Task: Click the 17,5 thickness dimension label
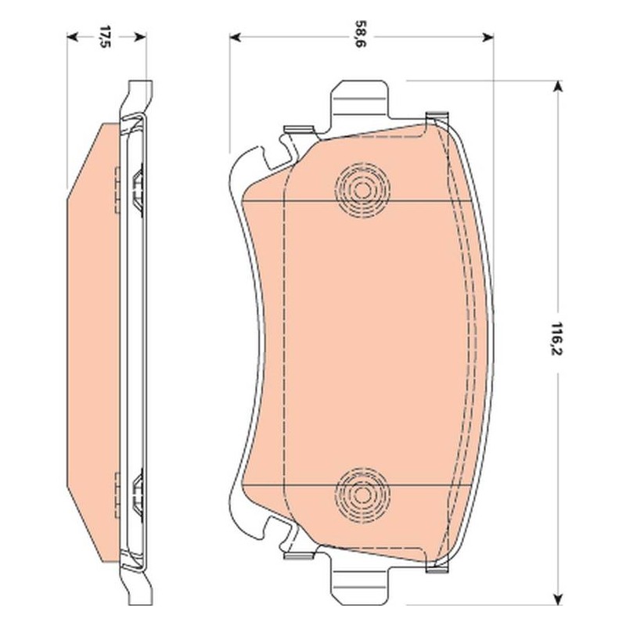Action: (105, 37)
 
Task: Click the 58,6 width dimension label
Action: (361, 37)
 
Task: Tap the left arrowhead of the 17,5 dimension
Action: (72, 37)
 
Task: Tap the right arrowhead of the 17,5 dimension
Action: (141, 37)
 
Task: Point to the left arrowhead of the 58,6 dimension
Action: (236, 38)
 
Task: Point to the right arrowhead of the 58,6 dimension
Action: (488, 38)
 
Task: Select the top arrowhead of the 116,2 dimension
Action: (558, 86)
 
